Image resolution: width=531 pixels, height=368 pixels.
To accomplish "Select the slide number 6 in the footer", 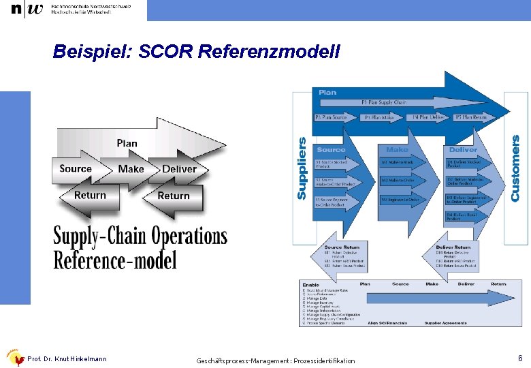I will click(x=520, y=358).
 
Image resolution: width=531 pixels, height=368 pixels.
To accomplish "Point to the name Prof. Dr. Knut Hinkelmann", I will click(x=67, y=358).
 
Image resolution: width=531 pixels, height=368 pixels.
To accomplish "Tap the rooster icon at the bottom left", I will click(x=14, y=357).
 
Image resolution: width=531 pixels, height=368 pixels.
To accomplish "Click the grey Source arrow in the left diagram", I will click(x=76, y=169).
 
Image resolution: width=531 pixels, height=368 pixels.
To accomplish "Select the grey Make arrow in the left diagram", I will click(x=131, y=169).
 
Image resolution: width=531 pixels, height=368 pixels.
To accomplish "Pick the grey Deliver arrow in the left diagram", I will click(x=179, y=169).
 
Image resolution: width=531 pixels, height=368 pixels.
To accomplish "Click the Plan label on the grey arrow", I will click(x=127, y=143).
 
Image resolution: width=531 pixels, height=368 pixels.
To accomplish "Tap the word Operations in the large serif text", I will click(x=179, y=236).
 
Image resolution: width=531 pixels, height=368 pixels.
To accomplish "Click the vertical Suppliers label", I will click(x=302, y=169).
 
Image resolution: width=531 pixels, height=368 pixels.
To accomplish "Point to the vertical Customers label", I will click(x=515, y=168).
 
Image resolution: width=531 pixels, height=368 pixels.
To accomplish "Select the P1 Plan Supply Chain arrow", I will click(x=385, y=103).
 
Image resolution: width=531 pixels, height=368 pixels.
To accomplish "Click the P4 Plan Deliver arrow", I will click(x=429, y=117).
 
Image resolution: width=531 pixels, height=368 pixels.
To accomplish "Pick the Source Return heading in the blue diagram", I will click(x=342, y=247).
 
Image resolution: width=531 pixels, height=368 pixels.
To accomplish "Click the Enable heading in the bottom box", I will click(x=311, y=285).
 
